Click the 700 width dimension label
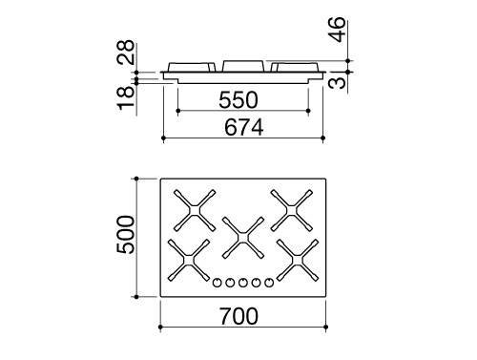(238, 316)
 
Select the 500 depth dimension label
(125, 235)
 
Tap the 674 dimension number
(244, 127)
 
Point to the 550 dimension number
(238, 100)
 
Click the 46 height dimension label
(337, 30)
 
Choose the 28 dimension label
(126, 53)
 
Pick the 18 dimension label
(126, 97)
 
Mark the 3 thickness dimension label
(337, 82)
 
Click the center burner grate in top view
(243, 238)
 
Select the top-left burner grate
(195, 210)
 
